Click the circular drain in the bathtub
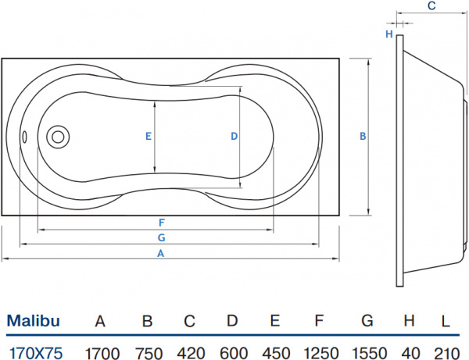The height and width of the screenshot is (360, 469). tap(57, 137)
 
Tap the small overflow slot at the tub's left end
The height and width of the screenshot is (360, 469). tap(24, 137)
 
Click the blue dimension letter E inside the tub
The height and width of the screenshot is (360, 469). tap(148, 136)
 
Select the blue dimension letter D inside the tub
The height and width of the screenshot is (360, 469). tap(234, 136)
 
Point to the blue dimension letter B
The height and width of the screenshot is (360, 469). tap(362, 136)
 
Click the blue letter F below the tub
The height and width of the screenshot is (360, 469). tap(159, 222)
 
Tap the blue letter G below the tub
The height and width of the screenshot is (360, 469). tap(160, 237)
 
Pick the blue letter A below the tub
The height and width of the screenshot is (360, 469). tap(161, 253)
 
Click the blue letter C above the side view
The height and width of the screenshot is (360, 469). tap(431, 6)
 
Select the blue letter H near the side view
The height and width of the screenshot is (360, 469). tap(388, 34)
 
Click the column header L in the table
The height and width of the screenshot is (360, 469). tap(445, 320)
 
